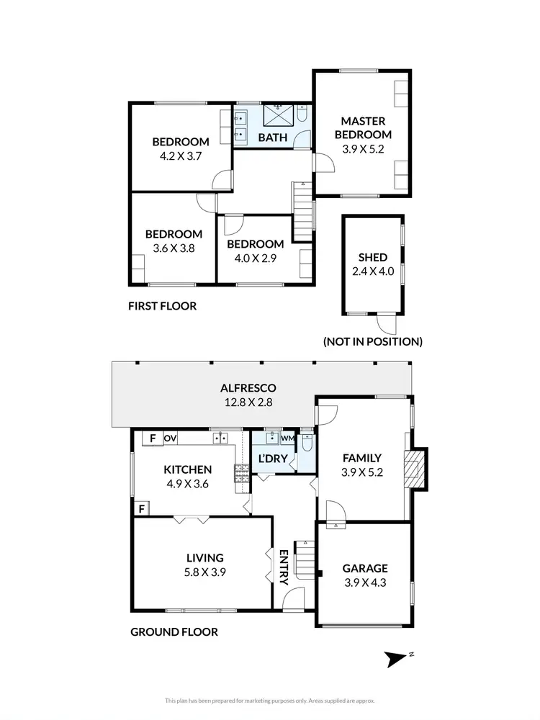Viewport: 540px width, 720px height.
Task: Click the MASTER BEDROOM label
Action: tap(366, 127)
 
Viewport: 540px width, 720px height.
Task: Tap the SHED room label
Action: tap(373, 257)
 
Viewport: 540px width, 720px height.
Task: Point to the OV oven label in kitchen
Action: tap(171, 438)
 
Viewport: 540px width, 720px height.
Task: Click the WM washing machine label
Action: tap(287, 438)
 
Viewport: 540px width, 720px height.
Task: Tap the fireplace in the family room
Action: tap(413, 469)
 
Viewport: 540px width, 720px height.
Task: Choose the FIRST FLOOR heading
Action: tap(162, 306)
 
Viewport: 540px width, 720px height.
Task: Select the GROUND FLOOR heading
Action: tap(174, 632)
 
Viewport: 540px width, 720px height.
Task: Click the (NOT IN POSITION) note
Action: tap(372, 341)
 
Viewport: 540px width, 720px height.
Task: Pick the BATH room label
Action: tap(273, 138)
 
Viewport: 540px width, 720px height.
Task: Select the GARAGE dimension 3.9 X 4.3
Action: tap(364, 583)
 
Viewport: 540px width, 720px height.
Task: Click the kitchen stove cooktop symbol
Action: tap(240, 473)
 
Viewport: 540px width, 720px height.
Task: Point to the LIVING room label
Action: tap(205, 557)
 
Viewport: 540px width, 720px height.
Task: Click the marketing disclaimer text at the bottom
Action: tap(269, 699)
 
